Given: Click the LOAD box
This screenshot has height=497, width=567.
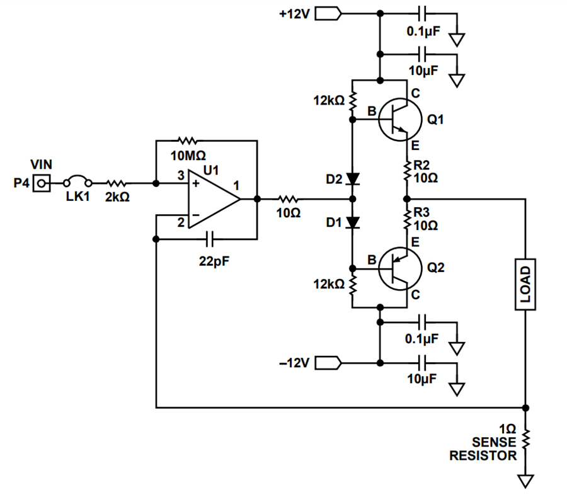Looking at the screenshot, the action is [x=525, y=284].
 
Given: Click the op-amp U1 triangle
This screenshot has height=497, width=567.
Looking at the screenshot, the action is [x=214, y=199].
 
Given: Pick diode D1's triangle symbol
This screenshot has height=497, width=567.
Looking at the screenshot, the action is [x=353, y=222].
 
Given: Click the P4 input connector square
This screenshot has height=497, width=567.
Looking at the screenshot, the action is [x=42, y=183].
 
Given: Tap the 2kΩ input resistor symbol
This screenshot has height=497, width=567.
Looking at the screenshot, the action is [x=116, y=183].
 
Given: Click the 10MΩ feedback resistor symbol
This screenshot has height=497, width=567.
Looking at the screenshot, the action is [x=188, y=140].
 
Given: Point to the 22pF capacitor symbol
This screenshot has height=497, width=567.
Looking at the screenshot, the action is [x=209, y=239].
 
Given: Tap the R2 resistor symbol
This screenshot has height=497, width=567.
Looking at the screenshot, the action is [x=407, y=171].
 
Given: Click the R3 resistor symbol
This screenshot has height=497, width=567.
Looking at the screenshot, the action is [x=407, y=219].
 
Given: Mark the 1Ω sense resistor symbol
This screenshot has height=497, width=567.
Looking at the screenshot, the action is [x=525, y=439].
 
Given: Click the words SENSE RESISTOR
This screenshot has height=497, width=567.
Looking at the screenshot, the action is [x=483, y=449].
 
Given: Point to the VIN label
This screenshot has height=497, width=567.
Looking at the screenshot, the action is [x=41, y=164].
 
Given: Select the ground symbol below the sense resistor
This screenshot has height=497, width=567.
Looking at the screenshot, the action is [x=525, y=481].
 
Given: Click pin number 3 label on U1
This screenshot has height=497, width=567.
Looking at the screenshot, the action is [x=181, y=176].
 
